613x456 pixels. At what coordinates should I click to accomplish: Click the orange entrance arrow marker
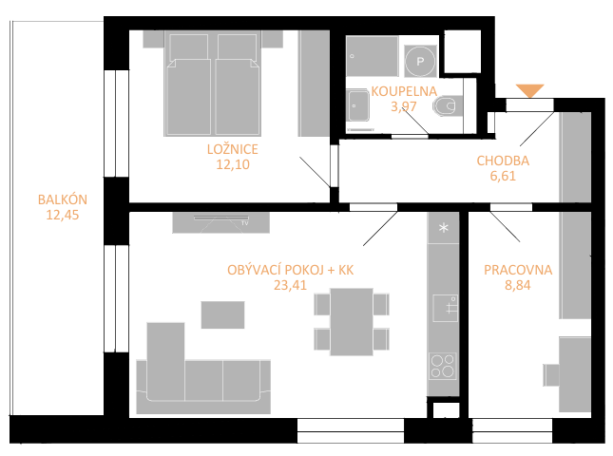click(529, 90)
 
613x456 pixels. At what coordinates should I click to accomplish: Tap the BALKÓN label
click(63, 199)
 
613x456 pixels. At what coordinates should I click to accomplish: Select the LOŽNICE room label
click(233, 149)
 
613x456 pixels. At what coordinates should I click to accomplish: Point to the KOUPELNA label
click(404, 91)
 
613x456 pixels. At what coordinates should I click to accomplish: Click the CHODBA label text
click(503, 161)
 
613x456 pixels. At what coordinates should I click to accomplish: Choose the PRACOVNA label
click(518, 270)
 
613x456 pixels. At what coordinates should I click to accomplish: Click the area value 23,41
click(290, 285)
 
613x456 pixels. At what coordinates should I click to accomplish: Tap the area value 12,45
click(63, 215)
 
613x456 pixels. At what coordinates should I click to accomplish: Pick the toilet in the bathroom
click(448, 105)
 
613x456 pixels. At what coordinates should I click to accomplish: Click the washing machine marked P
click(420, 61)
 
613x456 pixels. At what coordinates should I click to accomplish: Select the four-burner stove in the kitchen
click(443, 366)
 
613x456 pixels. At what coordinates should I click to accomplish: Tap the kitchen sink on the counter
click(446, 308)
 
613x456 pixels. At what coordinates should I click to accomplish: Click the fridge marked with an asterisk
click(443, 228)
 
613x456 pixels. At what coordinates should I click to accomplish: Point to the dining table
click(352, 322)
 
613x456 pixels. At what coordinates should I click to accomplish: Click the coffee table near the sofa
click(222, 314)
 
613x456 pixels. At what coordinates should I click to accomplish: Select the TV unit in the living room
click(220, 222)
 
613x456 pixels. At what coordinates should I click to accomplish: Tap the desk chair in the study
click(551, 375)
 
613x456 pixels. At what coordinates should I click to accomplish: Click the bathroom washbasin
click(358, 105)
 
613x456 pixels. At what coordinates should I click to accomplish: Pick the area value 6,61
click(503, 176)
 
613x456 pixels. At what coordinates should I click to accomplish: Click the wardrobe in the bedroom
click(314, 84)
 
